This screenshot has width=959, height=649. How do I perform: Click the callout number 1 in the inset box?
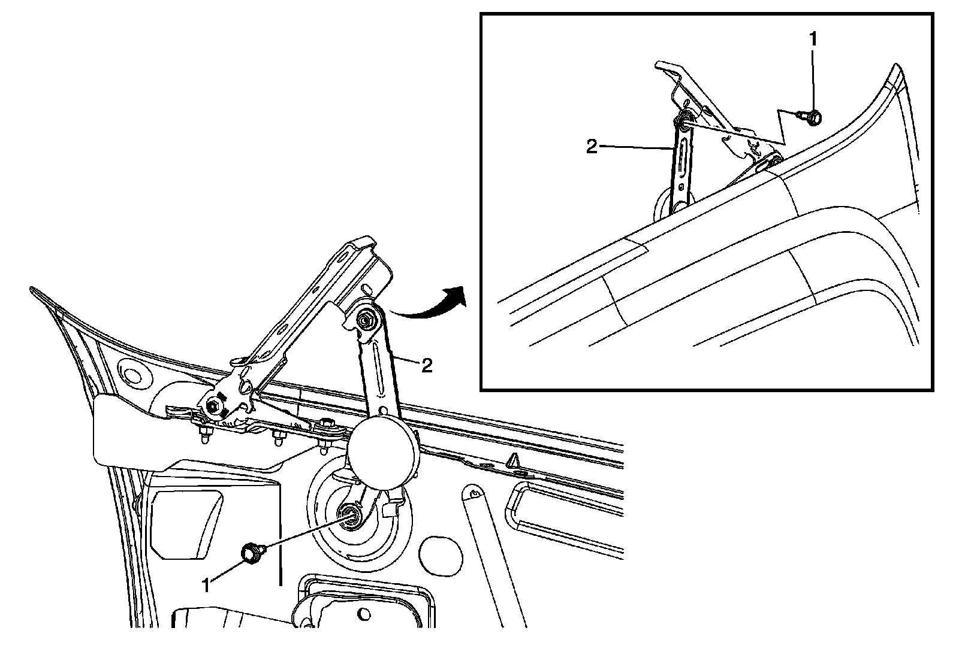tap(813, 40)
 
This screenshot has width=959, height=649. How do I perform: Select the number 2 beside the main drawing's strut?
tap(426, 366)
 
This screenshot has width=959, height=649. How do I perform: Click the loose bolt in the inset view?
tap(813, 118)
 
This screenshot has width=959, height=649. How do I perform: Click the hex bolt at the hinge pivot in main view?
tap(214, 407)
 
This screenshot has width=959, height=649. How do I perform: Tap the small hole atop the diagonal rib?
tap(474, 494)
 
